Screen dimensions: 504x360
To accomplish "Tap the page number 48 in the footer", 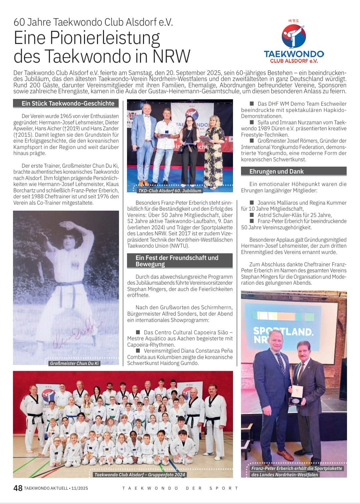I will pyautogui.click(x=18, y=488).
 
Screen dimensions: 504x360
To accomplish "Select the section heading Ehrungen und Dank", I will pyautogui.click(x=277, y=172).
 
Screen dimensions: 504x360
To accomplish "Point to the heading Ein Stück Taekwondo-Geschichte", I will pyautogui.click(x=68, y=104).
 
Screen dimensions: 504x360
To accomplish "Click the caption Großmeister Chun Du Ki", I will pyautogui.click(x=74, y=363).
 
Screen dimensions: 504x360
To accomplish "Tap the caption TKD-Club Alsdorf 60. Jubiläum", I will pyautogui.click(x=169, y=191).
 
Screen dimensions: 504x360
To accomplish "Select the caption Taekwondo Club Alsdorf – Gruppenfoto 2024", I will pyautogui.click(x=139, y=475).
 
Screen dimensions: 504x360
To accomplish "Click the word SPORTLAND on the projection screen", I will pyautogui.click(x=283, y=331).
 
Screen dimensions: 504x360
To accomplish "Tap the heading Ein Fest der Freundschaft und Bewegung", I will pyautogui.click(x=177, y=261).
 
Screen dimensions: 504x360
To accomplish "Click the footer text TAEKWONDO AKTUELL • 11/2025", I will pyautogui.click(x=56, y=488).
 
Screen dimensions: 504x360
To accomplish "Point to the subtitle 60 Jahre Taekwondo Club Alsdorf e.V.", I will pyautogui.click(x=93, y=22).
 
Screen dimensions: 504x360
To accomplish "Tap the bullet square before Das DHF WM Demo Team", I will pyautogui.click(x=252, y=104).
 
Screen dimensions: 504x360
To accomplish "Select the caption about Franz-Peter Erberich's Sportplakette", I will pyautogui.click(x=297, y=471).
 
